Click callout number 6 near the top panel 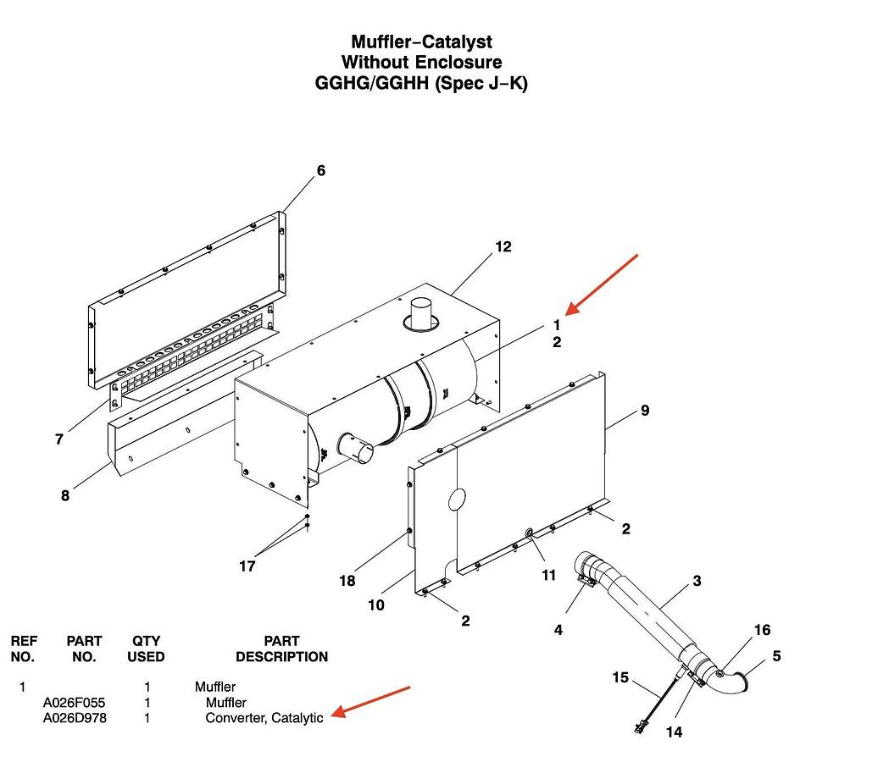coord(320,171)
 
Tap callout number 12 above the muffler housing coord(503,247)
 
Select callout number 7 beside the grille coord(59,439)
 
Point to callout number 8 coord(65,496)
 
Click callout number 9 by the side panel coord(645,411)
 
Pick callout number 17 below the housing coord(247,566)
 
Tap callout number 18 coord(347,581)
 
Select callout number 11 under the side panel coord(548,576)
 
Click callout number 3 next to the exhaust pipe coord(697,581)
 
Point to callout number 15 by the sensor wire coord(620,677)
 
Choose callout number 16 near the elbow coord(762,630)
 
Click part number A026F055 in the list coord(75,703)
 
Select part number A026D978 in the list coord(75,718)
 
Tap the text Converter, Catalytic coord(264,718)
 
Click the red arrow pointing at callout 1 coord(602,283)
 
